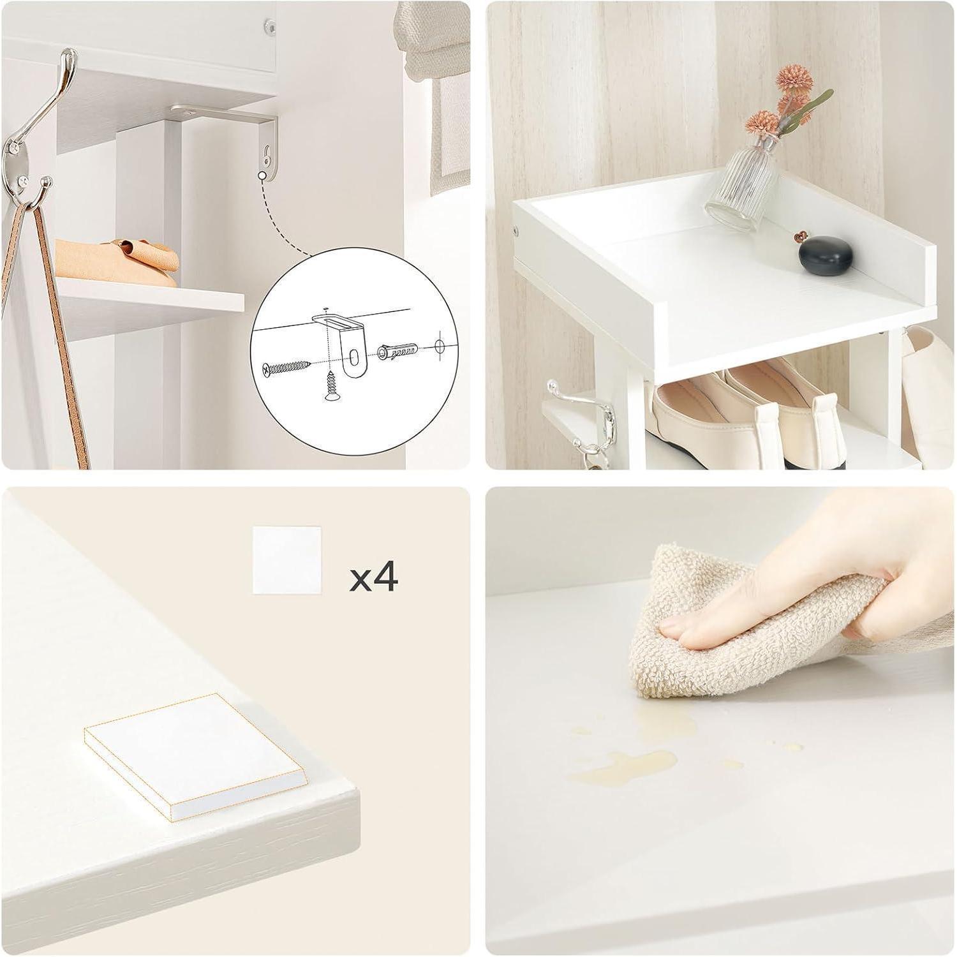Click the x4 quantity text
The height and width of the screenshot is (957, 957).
[x=374, y=577]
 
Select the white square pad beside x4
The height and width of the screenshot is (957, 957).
[x=285, y=560]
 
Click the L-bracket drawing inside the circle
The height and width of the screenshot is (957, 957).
[x=343, y=345]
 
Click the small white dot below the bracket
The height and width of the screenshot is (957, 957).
[x=262, y=174]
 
